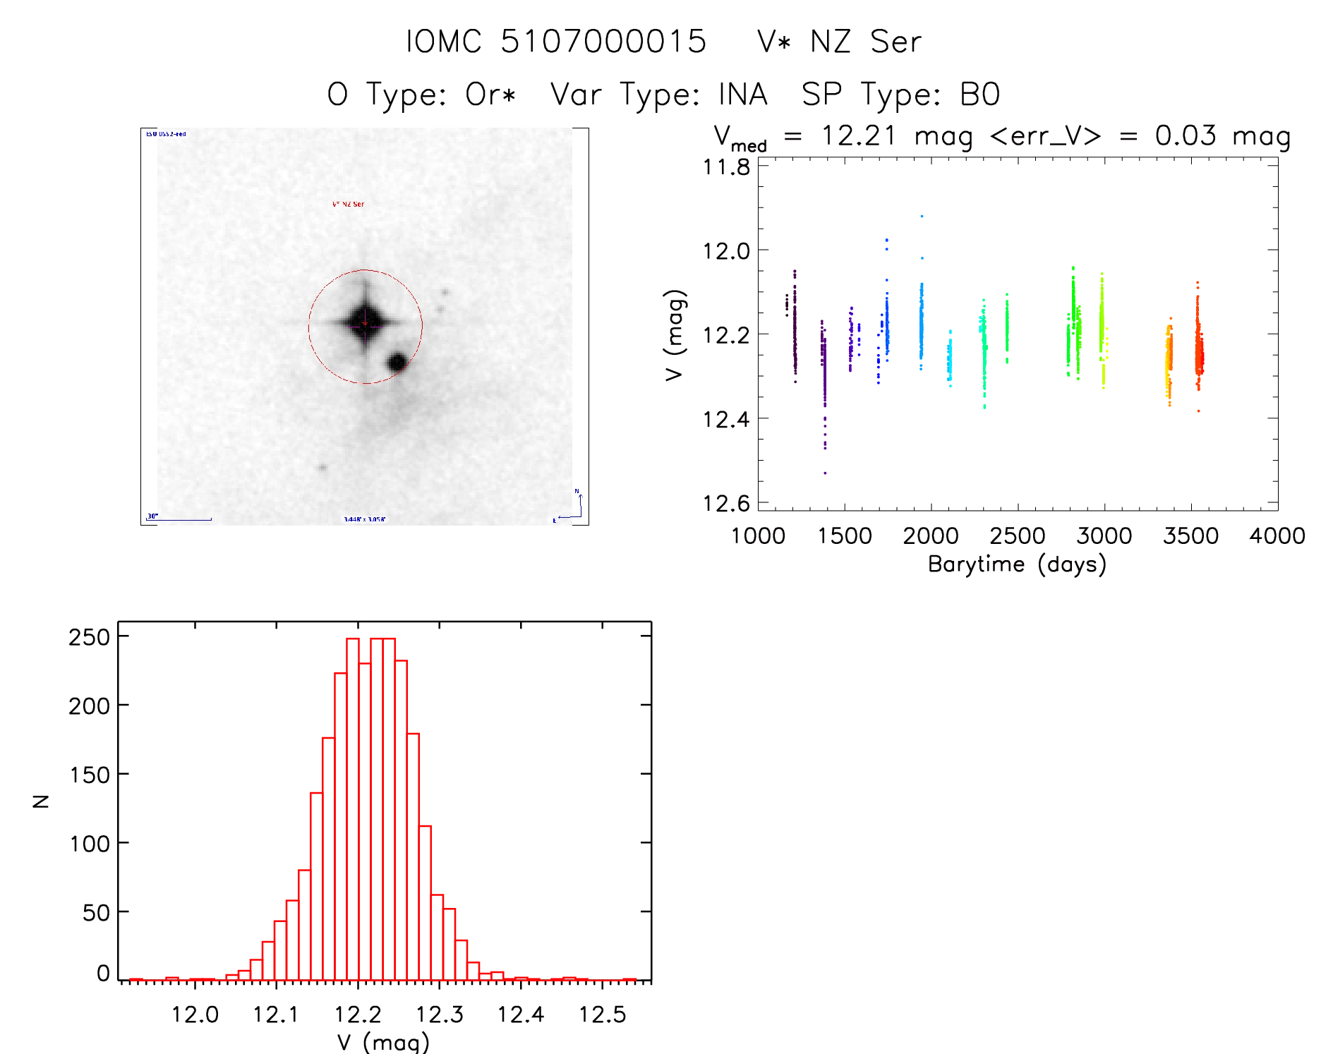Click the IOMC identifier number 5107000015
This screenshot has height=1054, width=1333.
(603, 42)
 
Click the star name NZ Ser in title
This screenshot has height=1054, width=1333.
(866, 42)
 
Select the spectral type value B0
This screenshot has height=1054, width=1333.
(979, 95)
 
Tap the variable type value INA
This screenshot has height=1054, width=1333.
(742, 95)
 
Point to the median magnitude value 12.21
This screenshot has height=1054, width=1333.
(858, 135)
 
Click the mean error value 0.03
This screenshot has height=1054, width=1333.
(1186, 135)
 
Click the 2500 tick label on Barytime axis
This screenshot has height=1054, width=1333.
(1018, 536)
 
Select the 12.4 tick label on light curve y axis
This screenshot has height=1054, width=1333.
(726, 420)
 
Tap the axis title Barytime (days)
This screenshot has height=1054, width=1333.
(1017, 564)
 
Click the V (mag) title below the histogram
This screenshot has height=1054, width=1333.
(383, 1042)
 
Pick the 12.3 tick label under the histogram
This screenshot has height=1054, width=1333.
(439, 1014)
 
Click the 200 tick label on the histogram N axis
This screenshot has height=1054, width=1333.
(90, 705)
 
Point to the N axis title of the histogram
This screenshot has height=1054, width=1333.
(41, 801)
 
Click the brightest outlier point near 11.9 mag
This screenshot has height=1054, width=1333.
(922, 216)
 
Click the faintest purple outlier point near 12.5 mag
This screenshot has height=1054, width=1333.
(825, 473)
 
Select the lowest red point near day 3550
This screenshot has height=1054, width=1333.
(1198, 411)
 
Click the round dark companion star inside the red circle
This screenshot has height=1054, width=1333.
(397, 362)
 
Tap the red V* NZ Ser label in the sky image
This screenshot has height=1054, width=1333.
(348, 204)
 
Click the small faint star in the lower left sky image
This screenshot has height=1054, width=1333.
(322, 467)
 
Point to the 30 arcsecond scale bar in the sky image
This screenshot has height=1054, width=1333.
(180, 519)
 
